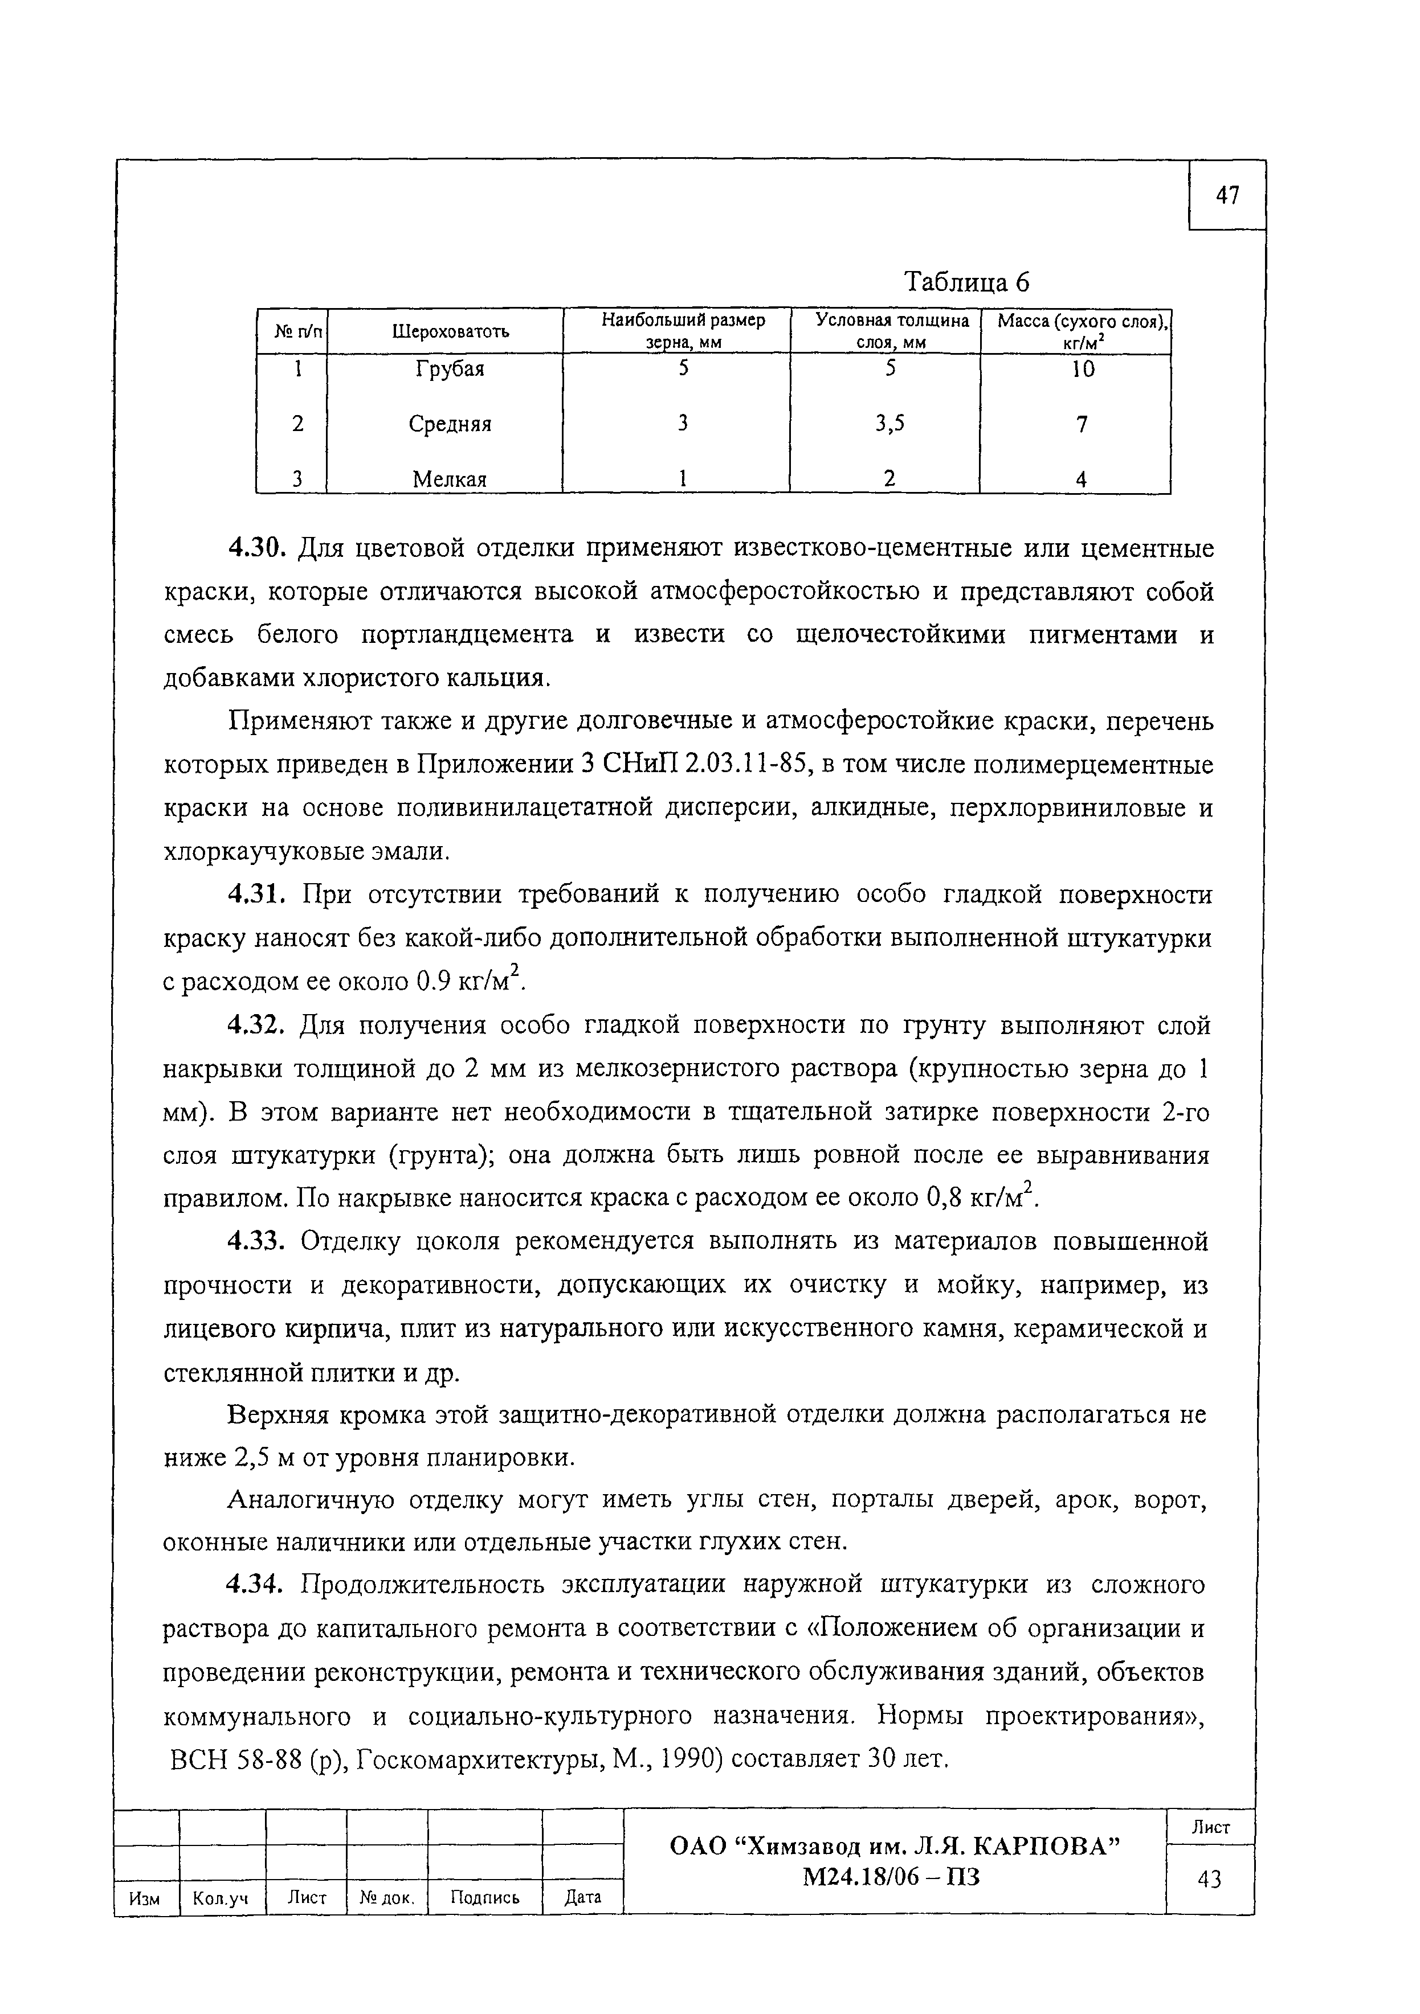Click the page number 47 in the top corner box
pyautogui.click(x=1227, y=196)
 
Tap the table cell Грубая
pyautogui.click(x=450, y=370)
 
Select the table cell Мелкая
pyautogui.click(x=450, y=479)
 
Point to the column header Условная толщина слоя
pyautogui.click(x=892, y=331)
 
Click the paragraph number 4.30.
pyautogui.click(x=257, y=549)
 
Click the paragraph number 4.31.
pyautogui.click(x=257, y=895)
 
